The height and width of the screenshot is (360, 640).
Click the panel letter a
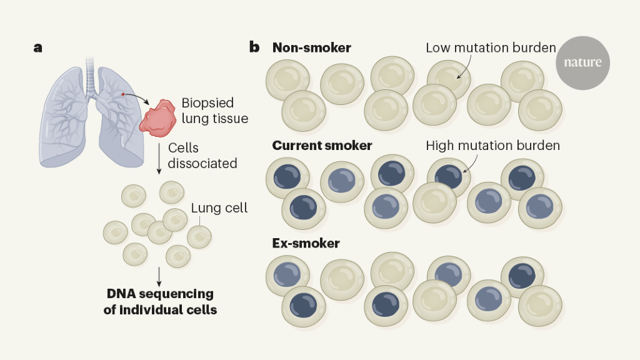pyautogui.click(x=38, y=47)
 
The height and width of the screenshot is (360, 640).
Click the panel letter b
pyautogui.click(x=254, y=47)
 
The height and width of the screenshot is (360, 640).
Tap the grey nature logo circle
pyautogui.click(x=582, y=62)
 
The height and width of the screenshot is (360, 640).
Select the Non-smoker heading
pyautogui.click(x=311, y=47)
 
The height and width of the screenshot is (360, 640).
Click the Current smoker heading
pyautogui.click(x=322, y=146)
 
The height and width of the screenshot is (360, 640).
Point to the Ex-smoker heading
pyautogui.click(x=306, y=243)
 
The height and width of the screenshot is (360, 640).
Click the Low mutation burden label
pyautogui.click(x=490, y=48)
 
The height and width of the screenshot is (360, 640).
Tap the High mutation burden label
pyautogui.click(x=492, y=146)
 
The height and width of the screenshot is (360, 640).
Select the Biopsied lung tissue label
pyautogui.click(x=214, y=111)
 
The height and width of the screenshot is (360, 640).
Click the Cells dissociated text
pyautogui.click(x=202, y=156)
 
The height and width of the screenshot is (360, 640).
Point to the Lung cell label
pyautogui.click(x=219, y=208)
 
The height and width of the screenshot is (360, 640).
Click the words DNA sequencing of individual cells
pyautogui.click(x=160, y=301)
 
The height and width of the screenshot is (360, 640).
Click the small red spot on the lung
pyautogui.click(x=123, y=94)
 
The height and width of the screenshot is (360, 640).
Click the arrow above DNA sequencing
pyautogui.click(x=160, y=274)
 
